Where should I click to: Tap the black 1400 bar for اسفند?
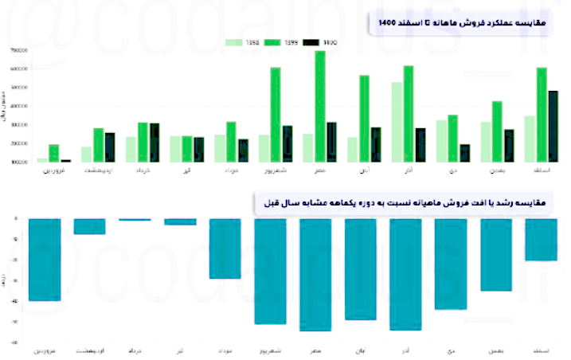coord(553,127)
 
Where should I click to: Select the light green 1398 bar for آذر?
coord(397,122)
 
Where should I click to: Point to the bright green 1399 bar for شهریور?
coord(276,115)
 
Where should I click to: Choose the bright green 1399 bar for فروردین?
coord(54,153)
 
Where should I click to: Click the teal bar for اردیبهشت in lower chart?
coord(90,226)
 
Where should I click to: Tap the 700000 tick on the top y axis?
coord(18,50)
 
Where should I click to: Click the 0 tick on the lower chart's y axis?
coord(16,219)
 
